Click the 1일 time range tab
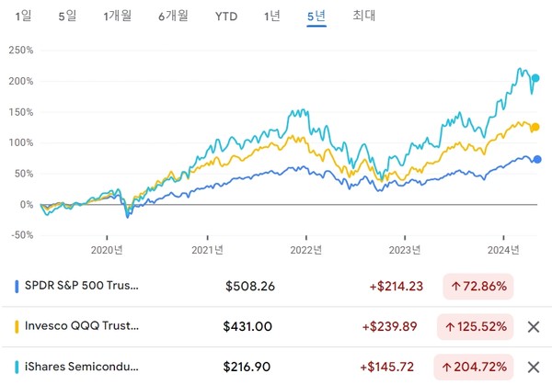(23, 16)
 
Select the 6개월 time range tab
(173, 16)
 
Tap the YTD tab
(224, 16)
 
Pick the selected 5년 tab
(316, 16)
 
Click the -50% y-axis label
(19, 234)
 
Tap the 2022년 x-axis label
(305, 248)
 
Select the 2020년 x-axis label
(108, 248)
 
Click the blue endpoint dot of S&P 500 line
(538, 159)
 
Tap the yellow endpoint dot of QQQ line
(536, 127)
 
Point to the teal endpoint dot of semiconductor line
(536, 78)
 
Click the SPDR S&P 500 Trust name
(83, 286)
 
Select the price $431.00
(248, 326)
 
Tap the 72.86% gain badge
(477, 286)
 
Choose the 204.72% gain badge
(477, 367)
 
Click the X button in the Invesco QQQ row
(533, 326)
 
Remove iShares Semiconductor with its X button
(533, 367)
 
